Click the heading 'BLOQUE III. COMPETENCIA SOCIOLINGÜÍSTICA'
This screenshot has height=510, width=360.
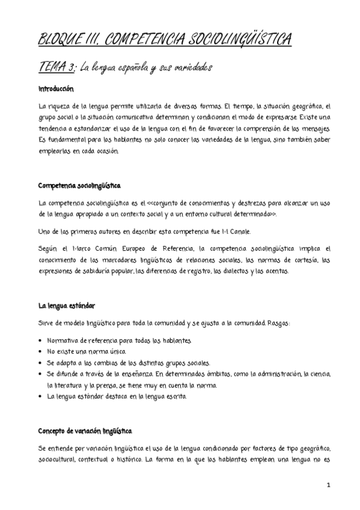[165, 40]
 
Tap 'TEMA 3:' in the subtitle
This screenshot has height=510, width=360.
[53, 67]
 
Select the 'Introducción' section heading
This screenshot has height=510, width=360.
[56, 88]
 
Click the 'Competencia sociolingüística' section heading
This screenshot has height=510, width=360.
[79, 185]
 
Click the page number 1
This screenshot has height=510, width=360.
[329, 484]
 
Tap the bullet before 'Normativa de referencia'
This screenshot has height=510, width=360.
[40, 341]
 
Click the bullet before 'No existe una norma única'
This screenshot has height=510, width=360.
[40, 352]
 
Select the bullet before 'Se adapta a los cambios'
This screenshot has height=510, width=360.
[40, 363]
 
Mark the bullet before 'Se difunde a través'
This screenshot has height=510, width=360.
[40, 374]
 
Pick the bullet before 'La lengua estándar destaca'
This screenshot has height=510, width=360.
[40, 397]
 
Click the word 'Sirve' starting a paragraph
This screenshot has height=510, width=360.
[46, 324]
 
